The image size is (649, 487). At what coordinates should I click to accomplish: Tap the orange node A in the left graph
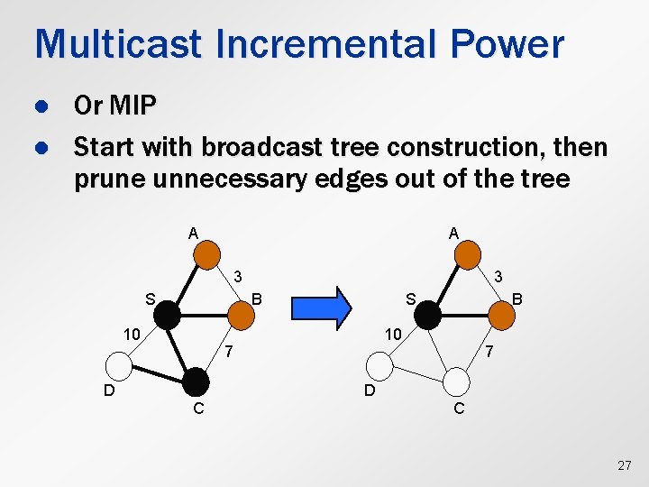pos(206,252)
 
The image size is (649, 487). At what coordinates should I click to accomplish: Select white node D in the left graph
pos(119,365)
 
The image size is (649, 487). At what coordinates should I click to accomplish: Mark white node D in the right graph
pos(379,365)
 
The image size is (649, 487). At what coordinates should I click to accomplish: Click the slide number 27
pos(624,465)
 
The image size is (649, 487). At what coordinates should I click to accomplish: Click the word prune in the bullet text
pos(106,179)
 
